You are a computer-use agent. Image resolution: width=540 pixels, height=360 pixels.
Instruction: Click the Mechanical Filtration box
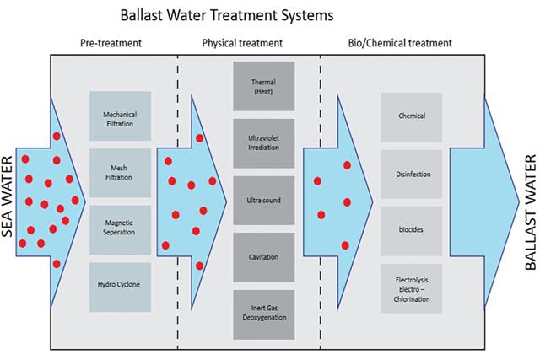(120, 117)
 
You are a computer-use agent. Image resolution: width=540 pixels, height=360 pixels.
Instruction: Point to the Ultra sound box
(263, 201)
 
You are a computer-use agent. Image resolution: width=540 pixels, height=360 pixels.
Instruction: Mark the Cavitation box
(263, 257)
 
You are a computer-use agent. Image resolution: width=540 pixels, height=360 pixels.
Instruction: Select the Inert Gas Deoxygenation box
(263, 314)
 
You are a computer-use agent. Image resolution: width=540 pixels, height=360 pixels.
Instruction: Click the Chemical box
(411, 117)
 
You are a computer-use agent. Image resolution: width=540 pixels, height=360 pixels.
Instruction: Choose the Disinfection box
(411, 174)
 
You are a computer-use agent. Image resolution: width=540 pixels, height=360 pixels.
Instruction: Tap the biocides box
(411, 230)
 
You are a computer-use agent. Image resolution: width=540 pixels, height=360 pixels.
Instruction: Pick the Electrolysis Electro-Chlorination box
(411, 287)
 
